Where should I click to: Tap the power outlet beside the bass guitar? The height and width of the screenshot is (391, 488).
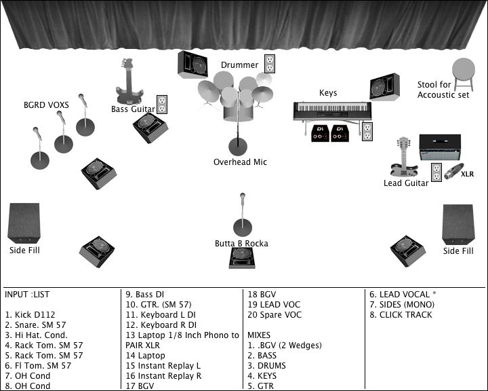pos(162,105)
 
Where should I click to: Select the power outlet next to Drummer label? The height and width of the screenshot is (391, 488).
pos(270,64)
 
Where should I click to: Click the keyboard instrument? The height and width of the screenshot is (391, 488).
pos(332,110)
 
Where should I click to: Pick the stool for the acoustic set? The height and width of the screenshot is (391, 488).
pos(464,73)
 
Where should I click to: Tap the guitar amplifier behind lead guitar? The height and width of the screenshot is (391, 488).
pos(440,147)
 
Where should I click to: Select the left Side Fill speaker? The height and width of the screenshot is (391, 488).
pos(24,223)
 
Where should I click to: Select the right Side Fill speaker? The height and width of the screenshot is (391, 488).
pos(457,224)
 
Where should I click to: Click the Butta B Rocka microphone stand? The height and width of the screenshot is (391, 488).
pos(242,217)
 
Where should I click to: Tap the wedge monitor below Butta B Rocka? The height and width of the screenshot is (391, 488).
pos(242,257)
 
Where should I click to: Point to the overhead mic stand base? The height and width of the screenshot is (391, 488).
pos(238,146)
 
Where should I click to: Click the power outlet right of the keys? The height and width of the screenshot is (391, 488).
pos(367,132)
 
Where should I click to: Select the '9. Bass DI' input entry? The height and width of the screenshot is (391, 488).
pos(145,295)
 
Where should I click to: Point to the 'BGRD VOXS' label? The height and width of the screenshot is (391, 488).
pos(46,105)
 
